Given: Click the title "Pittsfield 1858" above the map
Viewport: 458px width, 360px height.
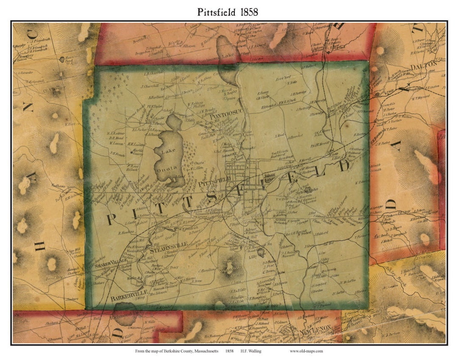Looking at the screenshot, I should (227, 12).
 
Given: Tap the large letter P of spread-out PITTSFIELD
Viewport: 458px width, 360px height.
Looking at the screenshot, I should (112, 219).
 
